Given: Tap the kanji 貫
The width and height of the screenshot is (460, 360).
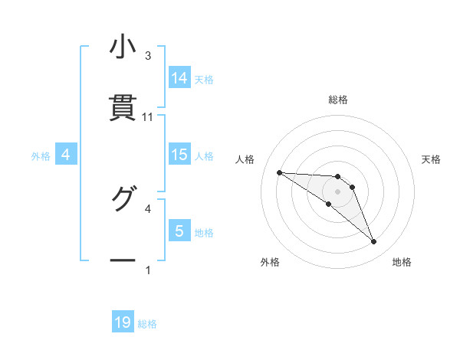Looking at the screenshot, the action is tap(123, 107).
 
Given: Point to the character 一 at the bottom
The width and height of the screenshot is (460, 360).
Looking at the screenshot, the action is tap(123, 260).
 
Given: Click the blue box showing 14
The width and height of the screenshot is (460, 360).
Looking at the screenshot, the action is tap(179, 78).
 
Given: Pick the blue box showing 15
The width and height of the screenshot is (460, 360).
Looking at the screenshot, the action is tap(179, 155).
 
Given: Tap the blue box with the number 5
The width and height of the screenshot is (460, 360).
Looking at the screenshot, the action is tap(179, 231).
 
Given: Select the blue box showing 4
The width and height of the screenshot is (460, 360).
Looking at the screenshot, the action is tap(66, 155).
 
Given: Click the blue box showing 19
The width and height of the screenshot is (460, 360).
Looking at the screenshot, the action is tap(123, 322).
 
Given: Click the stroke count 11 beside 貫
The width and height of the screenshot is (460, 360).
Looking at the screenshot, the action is tap(148, 117).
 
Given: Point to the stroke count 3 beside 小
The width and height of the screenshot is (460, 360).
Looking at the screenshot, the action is tap(148, 56).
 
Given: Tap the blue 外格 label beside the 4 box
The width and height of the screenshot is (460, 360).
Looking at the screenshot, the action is tap(41, 156).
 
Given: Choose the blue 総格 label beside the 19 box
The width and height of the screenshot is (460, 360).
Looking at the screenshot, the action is tap(147, 324).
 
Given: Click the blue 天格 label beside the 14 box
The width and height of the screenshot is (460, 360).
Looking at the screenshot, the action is tap(204, 80).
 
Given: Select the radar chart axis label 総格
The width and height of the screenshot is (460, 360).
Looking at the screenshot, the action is tap(338, 100).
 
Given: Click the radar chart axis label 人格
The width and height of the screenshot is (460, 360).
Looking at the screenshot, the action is tap(245, 159).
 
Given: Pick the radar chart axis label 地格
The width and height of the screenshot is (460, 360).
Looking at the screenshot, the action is tap(402, 262).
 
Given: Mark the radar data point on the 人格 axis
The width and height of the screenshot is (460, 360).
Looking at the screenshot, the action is tap(280, 172).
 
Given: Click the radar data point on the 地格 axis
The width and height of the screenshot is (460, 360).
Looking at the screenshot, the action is tap(374, 242).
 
